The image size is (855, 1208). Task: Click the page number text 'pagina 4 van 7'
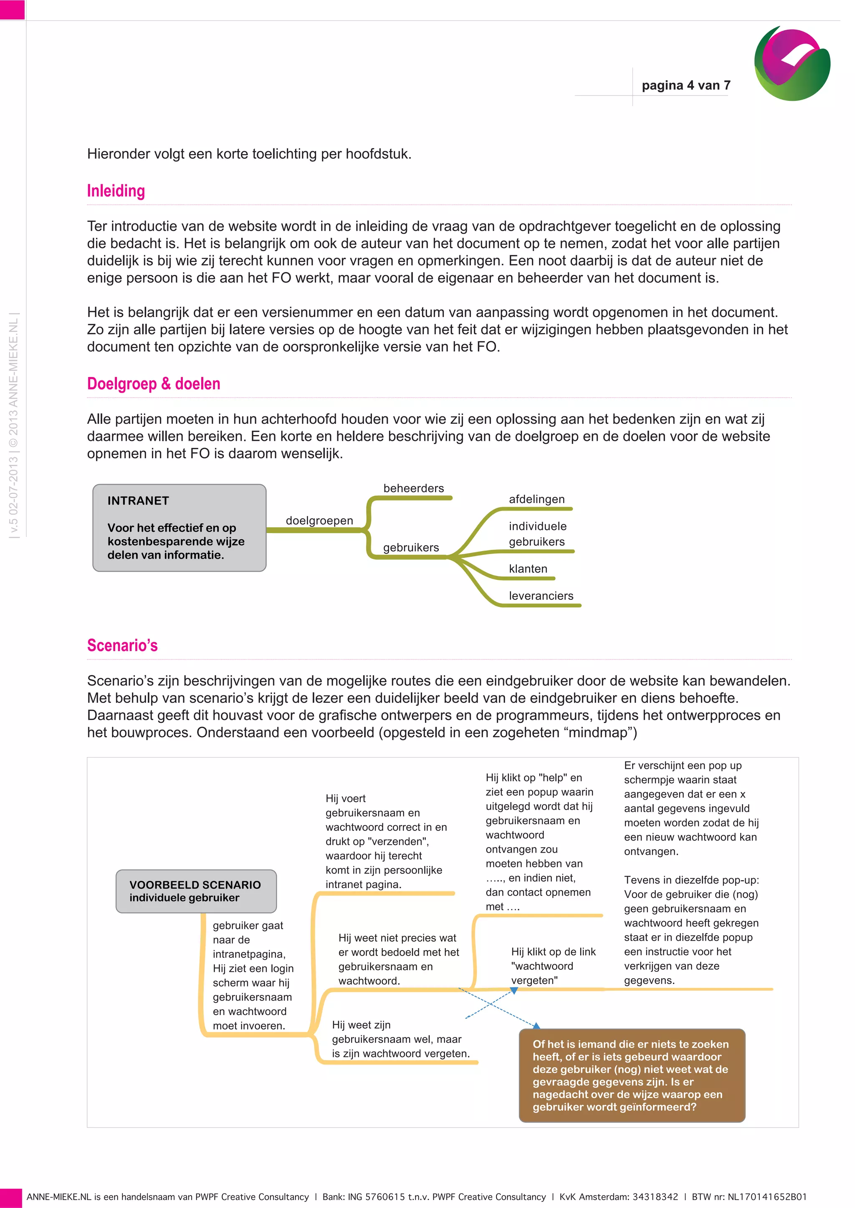click(686, 85)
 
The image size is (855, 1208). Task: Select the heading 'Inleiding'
click(116, 191)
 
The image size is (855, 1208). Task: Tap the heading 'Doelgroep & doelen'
click(153, 384)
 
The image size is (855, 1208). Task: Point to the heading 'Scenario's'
click(122, 645)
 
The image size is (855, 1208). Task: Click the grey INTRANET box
click(179, 528)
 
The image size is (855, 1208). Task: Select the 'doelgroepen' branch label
click(319, 520)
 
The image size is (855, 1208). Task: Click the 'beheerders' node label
click(413, 488)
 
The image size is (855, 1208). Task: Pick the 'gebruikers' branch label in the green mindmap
click(411, 547)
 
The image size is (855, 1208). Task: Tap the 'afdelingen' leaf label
click(536, 499)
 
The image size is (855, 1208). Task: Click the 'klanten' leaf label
click(528, 569)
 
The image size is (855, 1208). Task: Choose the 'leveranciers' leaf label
click(541, 596)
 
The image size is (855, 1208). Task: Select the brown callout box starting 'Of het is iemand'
click(632, 1075)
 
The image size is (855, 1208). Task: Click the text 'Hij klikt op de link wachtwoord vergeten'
click(553, 966)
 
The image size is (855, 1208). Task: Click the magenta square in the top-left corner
click(12, 10)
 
